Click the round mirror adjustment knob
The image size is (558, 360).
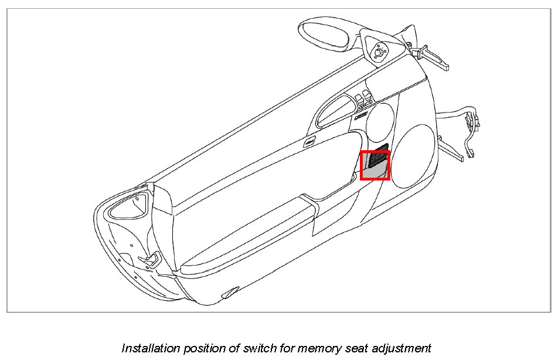(x=377, y=52)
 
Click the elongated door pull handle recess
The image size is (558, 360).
(x=334, y=111)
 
